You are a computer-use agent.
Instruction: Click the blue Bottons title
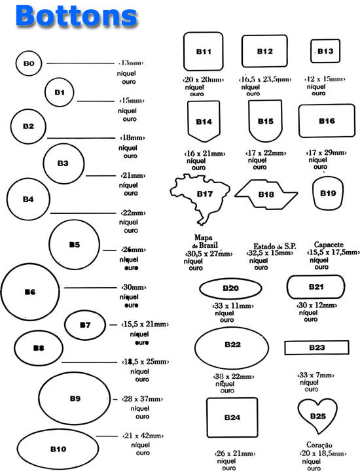point(77,16)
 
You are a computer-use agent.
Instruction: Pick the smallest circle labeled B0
point(16,63)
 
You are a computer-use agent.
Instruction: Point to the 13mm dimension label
point(131,63)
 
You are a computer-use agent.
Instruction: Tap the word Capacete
point(329,245)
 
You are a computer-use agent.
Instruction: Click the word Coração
point(319,445)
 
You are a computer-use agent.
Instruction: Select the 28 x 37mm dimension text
point(142,399)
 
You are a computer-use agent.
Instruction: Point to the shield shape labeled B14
point(188,120)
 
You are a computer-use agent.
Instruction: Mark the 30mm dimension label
point(134,287)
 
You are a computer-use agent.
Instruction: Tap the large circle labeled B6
point(1,292)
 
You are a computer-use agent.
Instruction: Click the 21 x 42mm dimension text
point(143,436)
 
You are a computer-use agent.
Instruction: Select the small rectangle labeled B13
point(311,51)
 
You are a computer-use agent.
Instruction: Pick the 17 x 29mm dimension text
point(326,152)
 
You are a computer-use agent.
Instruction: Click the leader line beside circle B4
point(83,213)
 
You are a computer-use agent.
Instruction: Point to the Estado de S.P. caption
point(275,247)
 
